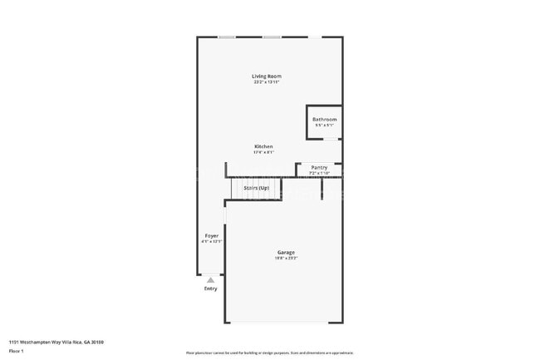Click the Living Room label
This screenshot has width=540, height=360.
point(267,76)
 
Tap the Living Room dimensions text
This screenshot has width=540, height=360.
point(267,82)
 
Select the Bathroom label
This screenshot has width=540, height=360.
point(324,119)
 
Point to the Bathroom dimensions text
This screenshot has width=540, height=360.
point(324,125)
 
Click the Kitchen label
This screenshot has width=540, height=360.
point(263,146)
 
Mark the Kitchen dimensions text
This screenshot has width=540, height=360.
point(263,152)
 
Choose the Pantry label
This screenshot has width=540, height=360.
point(319,167)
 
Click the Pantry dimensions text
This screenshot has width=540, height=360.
point(319,173)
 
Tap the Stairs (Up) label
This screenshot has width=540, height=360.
point(256,188)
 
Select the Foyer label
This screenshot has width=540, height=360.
point(212,236)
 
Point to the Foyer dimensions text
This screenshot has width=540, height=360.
point(212,242)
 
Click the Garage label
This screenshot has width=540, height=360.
point(286,252)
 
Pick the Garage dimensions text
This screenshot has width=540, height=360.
point(286,258)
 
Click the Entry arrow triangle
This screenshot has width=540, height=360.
point(210,280)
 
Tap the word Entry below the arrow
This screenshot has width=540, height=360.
point(210,288)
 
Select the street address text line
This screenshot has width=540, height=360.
point(56,342)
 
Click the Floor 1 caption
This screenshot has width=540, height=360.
point(17,352)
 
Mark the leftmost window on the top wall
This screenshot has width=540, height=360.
point(226,37)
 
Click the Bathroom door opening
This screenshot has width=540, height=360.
point(330,139)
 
